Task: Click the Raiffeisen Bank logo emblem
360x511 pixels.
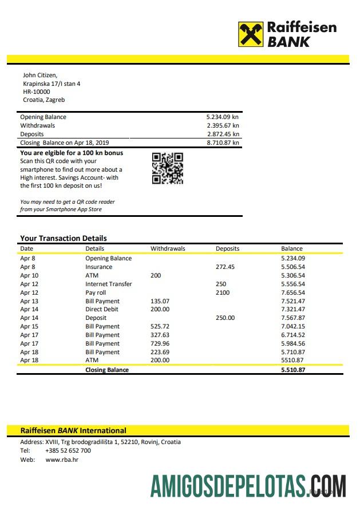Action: (x=251, y=34)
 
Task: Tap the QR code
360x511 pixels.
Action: (x=168, y=168)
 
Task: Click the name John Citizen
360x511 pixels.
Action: (x=39, y=75)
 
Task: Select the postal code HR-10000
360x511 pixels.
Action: (x=36, y=92)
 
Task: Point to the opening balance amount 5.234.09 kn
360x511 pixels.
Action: (x=223, y=117)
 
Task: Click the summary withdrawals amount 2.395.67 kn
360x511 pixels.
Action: (x=223, y=125)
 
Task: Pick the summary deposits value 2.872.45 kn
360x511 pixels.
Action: (x=223, y=134)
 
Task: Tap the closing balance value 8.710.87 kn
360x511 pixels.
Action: (x=223, y=142)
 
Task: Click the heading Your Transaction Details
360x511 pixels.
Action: (x=64, y=238)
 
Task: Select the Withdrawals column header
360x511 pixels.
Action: (x=168, y=249)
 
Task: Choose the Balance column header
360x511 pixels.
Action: (x=292, y=249)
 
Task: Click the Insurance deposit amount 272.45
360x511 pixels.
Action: (x=225, y=267)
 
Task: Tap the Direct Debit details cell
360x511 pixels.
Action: (x=102, y=309)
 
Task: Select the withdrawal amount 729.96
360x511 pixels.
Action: (x=160, y=343)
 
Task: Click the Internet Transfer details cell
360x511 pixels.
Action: (x=108, y=284)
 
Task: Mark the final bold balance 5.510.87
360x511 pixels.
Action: (x=293, y=370)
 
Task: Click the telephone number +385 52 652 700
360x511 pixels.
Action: (x=68, y=450)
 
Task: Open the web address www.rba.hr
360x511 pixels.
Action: (x=62, y=459)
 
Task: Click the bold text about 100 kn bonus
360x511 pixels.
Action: (x=72, y=153)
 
